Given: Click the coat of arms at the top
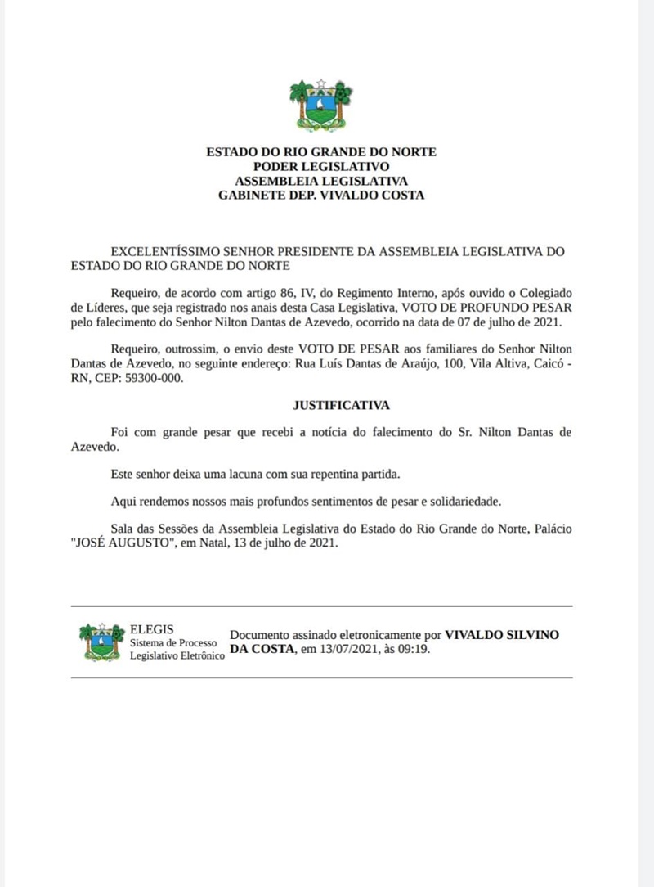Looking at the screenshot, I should (320, 106).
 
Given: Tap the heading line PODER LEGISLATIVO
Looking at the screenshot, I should (320, 166).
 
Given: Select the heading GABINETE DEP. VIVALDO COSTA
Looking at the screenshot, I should (320, 196).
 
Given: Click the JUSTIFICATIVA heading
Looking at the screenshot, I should (341, 405).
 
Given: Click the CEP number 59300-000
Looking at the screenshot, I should (149, 378).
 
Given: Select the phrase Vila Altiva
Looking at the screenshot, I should (494, 363).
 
